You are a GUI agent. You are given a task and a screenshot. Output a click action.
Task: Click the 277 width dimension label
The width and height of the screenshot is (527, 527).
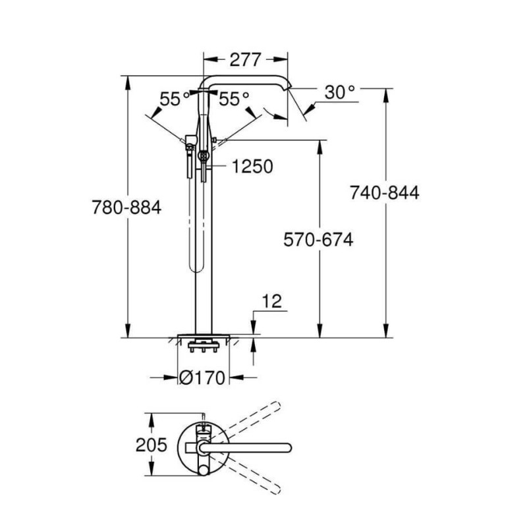click(245, 60)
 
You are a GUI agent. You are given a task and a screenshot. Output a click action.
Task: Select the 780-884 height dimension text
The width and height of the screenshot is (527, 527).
click(126, 208)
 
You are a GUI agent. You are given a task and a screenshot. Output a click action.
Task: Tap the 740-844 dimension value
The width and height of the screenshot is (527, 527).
click(385, 193)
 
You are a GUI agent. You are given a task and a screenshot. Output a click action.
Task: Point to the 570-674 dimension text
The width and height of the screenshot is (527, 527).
click(318, 240)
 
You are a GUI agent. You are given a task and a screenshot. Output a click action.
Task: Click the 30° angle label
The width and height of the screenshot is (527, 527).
click(340, 92)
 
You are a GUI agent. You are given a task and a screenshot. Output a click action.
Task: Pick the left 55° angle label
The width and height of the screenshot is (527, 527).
click(175, 99)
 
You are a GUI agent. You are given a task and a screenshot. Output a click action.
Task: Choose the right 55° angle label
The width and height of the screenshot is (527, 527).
click(235, 99)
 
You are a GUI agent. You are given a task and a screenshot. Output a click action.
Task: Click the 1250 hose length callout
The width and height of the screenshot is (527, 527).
click(253, 167)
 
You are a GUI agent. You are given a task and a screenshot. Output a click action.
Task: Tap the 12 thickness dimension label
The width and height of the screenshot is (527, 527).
click(271, 302)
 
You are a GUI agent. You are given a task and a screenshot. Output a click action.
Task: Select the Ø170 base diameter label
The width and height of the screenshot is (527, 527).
click(202, 377)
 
